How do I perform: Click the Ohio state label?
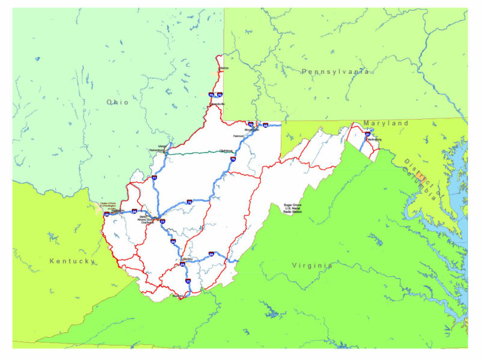(117, 102)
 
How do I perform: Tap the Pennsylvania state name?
(335, 72)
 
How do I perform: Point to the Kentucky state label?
(72, 261)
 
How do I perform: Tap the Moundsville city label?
(217, 104)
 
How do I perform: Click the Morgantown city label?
(252, 130)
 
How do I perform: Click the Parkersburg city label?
(158, 149)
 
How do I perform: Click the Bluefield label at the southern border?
(178, 296)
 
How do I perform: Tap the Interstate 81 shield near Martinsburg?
(367, 135)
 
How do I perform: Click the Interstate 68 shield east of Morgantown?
(265, 125)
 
